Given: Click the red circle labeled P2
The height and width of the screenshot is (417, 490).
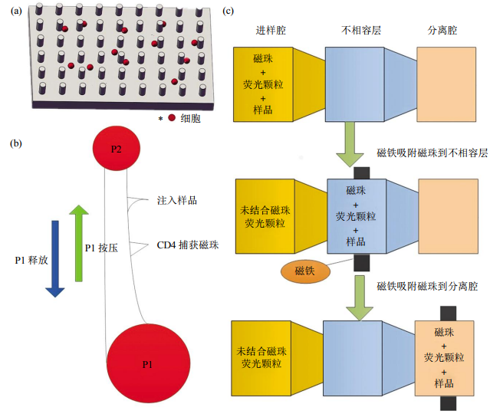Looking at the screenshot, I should [x=116, y=148].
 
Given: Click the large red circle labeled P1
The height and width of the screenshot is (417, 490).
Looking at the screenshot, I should [x=147, y=362].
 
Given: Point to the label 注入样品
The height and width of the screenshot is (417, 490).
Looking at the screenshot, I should [x=176, y=200].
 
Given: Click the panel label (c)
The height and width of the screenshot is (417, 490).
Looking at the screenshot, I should [x=229, y=11].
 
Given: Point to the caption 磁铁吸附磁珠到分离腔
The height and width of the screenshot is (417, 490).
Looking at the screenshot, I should [x=427, y=285].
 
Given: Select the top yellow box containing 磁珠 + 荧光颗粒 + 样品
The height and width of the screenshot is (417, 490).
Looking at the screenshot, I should [x=262, y=83].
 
